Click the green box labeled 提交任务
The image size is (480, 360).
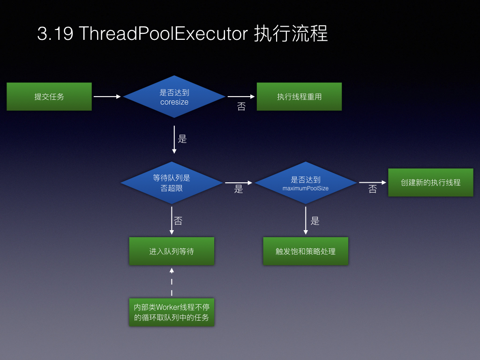49,97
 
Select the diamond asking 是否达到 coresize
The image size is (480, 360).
174,97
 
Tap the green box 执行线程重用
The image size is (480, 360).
299,97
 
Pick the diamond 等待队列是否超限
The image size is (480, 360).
172,183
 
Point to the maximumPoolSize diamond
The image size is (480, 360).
306,183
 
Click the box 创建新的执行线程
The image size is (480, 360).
431,182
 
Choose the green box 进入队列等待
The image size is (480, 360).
172,251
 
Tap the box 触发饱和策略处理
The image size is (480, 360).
306,251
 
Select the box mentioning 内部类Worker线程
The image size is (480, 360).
172,312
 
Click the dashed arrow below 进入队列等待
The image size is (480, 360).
172,282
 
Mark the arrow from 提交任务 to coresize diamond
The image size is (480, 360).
107,97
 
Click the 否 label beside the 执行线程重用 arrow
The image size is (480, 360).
241,106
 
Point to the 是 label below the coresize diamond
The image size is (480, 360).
182,139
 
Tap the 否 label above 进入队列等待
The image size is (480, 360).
178,221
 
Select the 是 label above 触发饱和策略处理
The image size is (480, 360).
315,221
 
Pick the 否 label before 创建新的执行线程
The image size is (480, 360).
373,189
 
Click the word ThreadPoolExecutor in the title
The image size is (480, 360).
164,33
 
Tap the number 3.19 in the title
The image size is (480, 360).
55,33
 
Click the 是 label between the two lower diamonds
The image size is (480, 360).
239,189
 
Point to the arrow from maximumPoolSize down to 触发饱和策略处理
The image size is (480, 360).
306,220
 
